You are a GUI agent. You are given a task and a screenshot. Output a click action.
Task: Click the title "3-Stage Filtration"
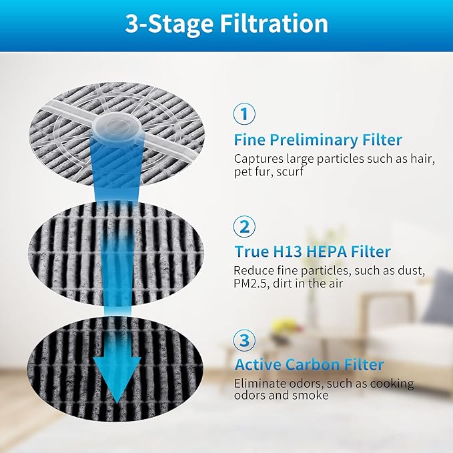click(226, 24)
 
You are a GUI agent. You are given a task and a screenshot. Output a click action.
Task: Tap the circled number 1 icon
click(244, 114)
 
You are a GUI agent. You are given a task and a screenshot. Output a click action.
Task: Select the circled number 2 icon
click(244, 226)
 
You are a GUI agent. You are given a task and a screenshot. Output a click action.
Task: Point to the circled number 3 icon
click(244, 340)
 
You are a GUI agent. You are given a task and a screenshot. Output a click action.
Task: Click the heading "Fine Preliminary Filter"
click(318, 140)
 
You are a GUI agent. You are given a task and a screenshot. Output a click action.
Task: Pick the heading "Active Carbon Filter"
click(309, 365)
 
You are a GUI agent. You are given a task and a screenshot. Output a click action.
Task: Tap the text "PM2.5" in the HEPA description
click(250, 283)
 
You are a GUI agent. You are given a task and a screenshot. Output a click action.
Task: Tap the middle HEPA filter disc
click(67, 247)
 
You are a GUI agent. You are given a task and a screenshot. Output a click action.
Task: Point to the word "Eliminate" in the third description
click(258, 384)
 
